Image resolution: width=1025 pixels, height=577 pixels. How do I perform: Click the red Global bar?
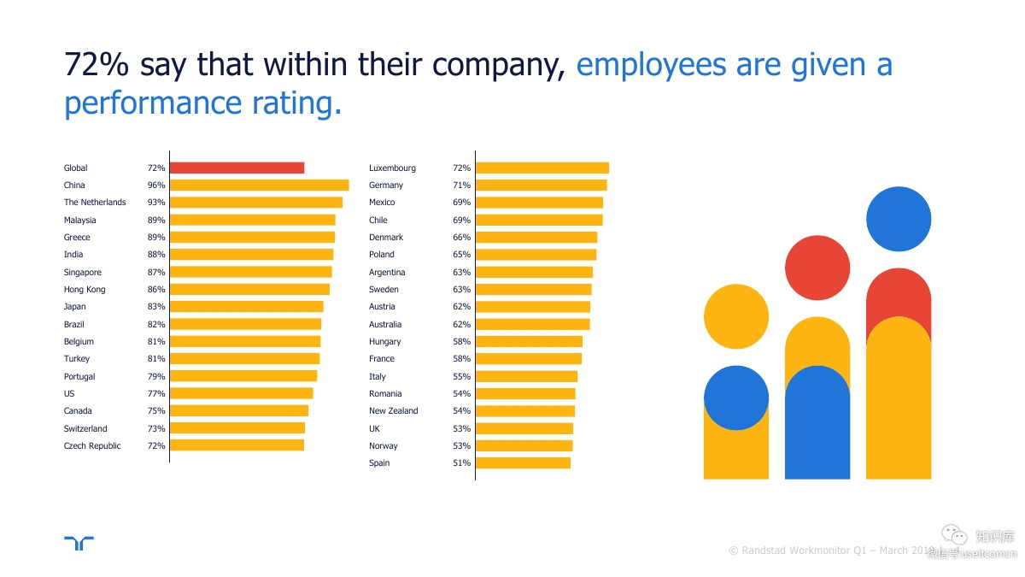(x=237, y=168)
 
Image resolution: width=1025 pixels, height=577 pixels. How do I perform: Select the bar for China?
(x=259, y=185)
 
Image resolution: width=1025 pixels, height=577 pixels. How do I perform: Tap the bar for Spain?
(x=523, y=463)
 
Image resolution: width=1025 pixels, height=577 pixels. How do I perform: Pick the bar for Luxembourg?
(x=542, y=168)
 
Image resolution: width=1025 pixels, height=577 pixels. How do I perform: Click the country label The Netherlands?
(x=95, y=203)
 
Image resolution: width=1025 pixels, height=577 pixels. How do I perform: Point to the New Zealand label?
(x=394, y=411)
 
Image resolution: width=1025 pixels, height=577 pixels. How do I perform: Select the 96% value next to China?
(x=156, y=185)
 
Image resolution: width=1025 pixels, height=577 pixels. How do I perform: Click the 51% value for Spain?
(x=461, y=463)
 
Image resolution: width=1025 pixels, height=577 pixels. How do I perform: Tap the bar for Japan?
(x=246, y=307)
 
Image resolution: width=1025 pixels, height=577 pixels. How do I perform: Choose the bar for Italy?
(x=526, y=376)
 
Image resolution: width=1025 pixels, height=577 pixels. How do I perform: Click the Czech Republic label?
(x=92, y=446)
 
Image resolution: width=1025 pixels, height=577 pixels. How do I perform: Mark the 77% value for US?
(x=156, y=394)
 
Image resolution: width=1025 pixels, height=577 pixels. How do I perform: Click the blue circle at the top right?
(x=898, y=219)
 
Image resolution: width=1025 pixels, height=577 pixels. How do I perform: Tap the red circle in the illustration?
(x=817, y=268)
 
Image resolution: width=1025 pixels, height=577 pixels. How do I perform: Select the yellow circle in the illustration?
(x=735, y=317)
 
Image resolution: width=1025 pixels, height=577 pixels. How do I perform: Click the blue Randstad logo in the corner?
(x=79, y=544)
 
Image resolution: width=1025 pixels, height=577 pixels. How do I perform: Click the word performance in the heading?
(x=141, y=103)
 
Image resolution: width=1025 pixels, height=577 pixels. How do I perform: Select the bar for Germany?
(x=541, y=185)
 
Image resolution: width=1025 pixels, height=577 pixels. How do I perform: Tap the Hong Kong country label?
(x=85, y=290)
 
